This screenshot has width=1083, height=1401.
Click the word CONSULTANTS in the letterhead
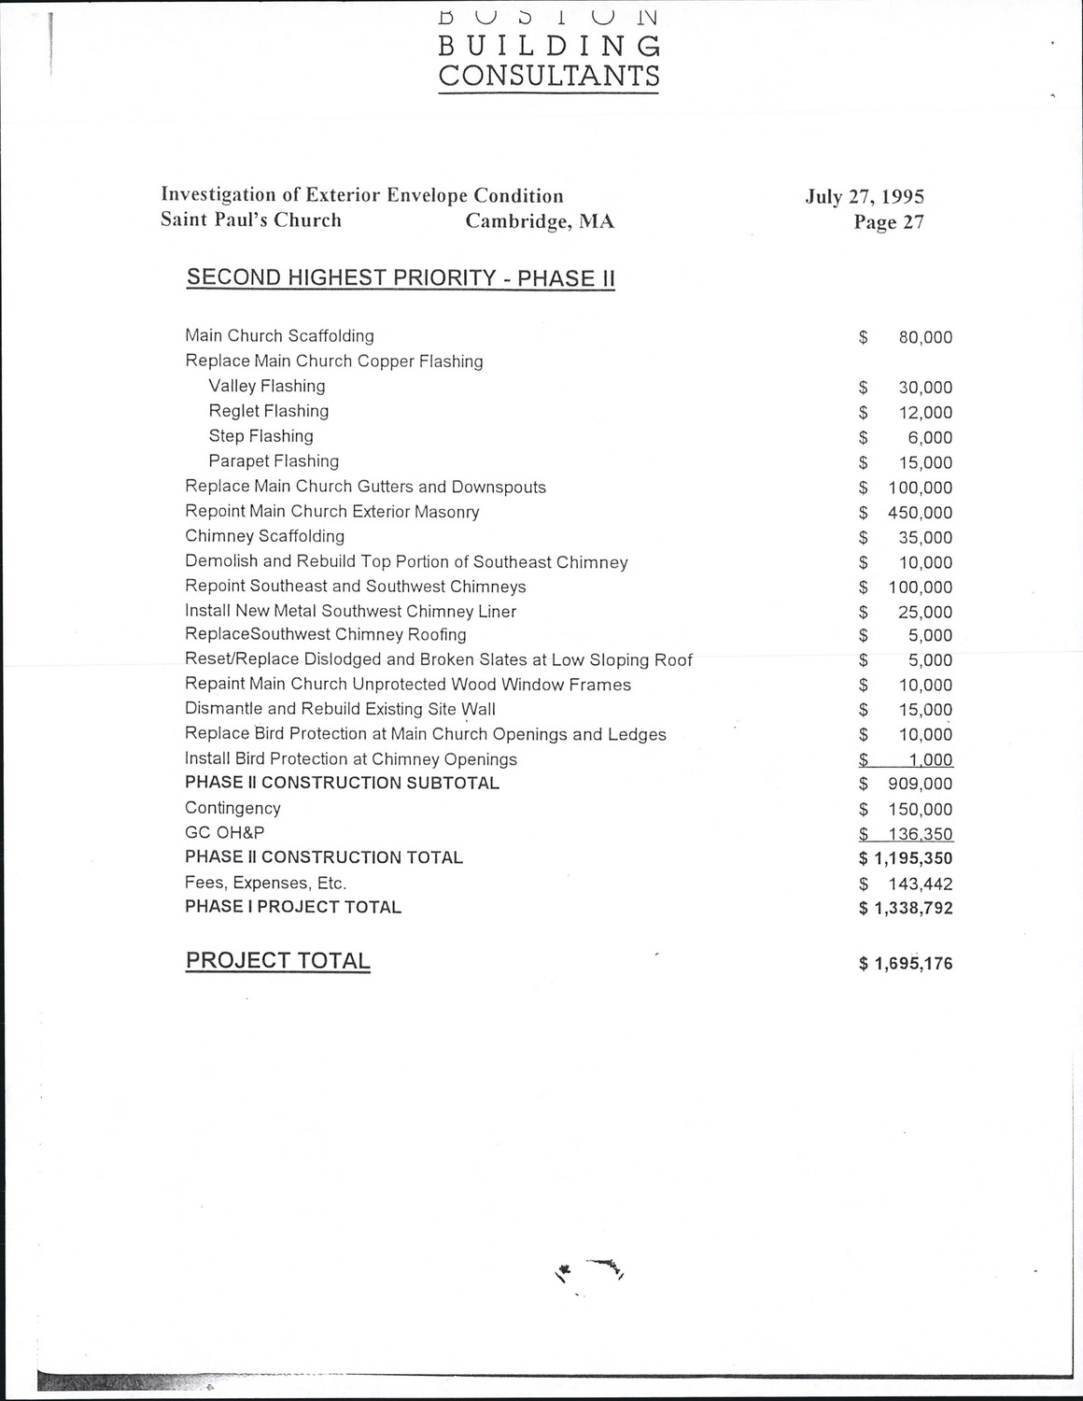[x=549, y=76]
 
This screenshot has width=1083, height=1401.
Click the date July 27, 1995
[x=865, y=197]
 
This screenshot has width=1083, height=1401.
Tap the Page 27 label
[x=889, y=222]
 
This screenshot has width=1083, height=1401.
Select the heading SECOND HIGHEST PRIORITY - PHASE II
[x=401, y=277]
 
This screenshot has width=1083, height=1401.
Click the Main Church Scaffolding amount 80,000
[x=925, y=338]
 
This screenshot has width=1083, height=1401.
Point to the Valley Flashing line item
[x=267, y=387]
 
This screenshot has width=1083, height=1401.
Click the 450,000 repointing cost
[x=921, y=513]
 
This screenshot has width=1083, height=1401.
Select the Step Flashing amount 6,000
[x=930, y=438]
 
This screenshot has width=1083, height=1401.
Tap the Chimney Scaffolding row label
[x=264, y=536]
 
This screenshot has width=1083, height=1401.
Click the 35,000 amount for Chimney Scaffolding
[x=925, y=538]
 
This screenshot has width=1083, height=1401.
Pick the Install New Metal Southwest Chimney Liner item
[x=350, y=612]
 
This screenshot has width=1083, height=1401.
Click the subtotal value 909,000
[x=921, y=785]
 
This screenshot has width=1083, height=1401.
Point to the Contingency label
[x=232, y=808]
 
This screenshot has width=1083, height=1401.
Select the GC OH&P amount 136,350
[x=921, y=834]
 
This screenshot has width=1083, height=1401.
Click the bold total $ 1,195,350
[x=906, y=858]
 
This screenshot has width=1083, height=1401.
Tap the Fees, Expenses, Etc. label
[x=265, y=883]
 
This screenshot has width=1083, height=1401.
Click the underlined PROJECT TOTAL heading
[x=277, y=961]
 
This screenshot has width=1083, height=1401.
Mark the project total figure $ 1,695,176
[x=906, y=964]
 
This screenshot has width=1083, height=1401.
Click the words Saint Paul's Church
[x=251, y=220]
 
